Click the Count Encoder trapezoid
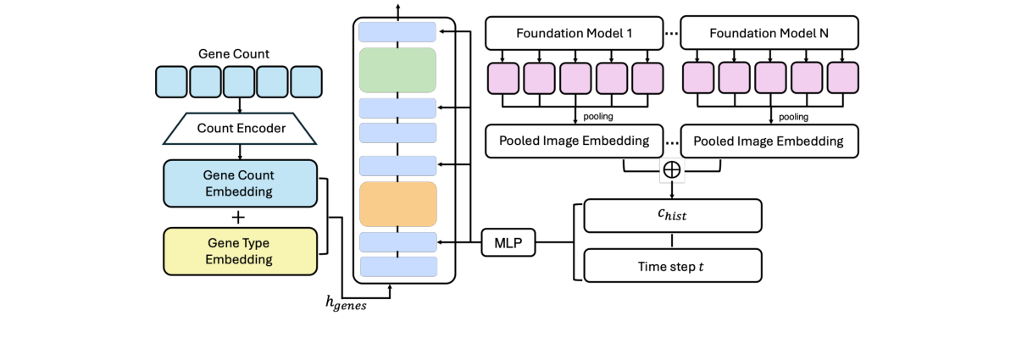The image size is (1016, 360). point(240,129)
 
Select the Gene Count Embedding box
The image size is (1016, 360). point(239,182)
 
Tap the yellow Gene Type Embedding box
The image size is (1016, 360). point(239,251)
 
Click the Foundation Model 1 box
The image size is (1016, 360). point(574,34)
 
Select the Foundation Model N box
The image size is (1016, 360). point(769,34)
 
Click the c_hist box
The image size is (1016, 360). point(672,216)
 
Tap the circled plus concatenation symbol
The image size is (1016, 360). point(671,170)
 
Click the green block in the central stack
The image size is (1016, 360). point(397,70)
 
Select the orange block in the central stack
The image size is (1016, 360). point(397,203)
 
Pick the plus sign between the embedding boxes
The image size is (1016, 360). point(239,217)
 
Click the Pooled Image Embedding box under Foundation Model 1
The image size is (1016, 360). point(574,141)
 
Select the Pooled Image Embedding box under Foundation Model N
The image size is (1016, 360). point(769,141)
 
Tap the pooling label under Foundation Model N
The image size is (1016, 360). point(792,117)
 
